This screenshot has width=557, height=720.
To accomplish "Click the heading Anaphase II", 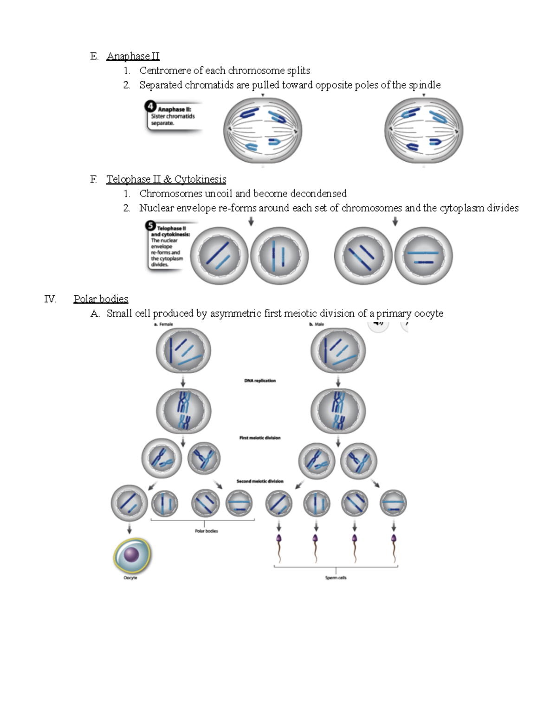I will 133,56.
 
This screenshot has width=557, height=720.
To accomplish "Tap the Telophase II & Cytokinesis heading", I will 166,179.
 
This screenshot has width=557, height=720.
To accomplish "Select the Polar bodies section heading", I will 101,299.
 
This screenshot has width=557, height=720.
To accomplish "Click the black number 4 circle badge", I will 150,106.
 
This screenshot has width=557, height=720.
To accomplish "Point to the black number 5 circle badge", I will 150,226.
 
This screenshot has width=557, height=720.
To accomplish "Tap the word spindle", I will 424,85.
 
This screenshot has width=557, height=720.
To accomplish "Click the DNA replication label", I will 260,381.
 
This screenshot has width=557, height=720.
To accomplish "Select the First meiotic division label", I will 260,438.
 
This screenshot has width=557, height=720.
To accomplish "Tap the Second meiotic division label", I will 260,481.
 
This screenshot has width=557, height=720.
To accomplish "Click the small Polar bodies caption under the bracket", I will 206,531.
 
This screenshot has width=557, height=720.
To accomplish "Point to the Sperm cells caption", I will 336,578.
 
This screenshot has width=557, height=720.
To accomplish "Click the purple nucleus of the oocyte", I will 132,554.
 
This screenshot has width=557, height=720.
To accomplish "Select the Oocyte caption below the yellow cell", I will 130,578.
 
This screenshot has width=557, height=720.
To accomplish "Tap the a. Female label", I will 163,325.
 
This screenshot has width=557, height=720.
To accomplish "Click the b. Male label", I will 317,325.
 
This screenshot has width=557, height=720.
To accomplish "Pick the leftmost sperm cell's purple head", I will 279,539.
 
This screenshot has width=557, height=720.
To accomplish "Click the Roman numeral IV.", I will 50,299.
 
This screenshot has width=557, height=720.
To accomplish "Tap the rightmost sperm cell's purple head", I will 394,539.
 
